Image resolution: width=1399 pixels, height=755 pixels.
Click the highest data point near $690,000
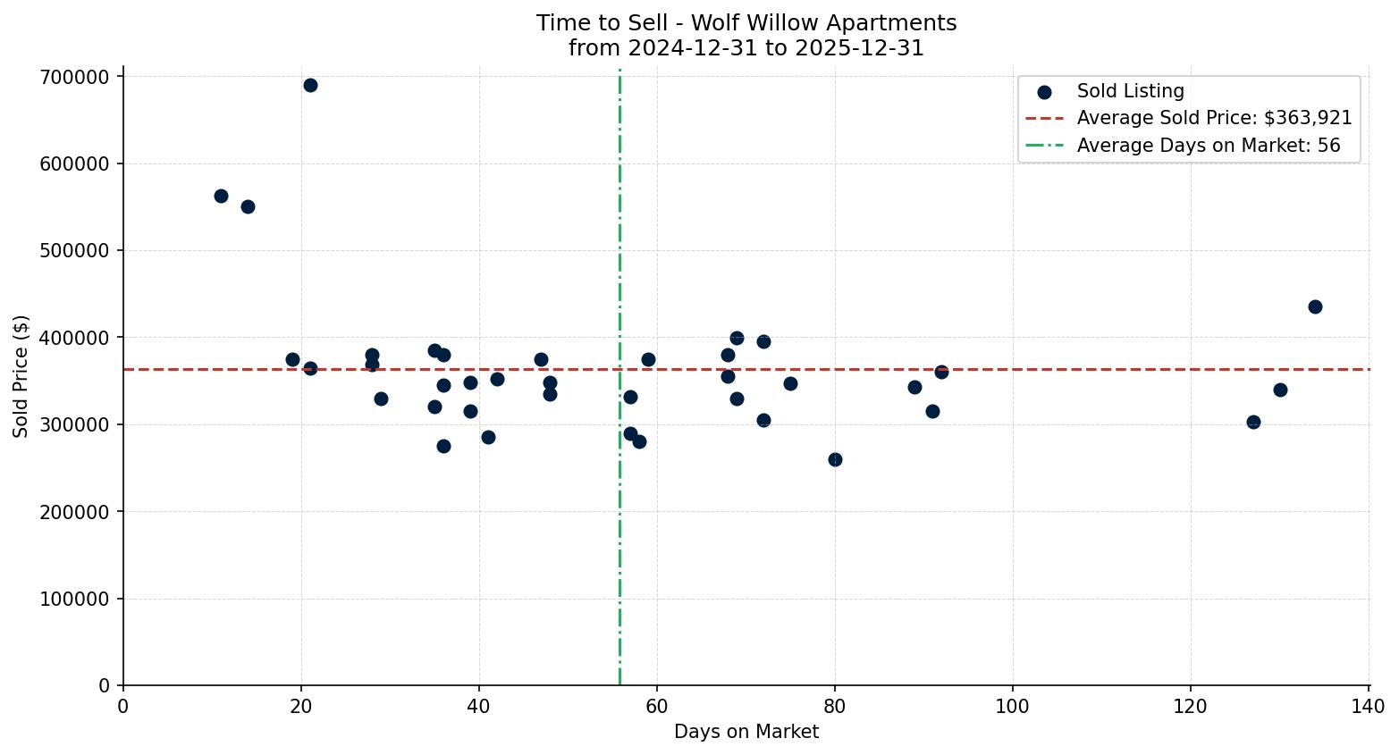(x=310, y=86)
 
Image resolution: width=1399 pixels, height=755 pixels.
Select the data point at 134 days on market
(x=1315, y=307)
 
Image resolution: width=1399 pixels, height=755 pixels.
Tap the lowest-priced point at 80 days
(x=835, y=460)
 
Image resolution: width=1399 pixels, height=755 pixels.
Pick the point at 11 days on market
(x=221, y=197)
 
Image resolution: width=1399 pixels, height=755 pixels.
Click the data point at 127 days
(x=1253, y=423)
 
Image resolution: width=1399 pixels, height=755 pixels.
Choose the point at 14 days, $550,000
(x=248, y=207)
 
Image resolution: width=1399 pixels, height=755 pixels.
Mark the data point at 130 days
(x=1280, y=390)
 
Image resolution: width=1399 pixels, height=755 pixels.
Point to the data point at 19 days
(x=292, y=360)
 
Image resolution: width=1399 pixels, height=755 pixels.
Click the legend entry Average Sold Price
(x=1214, y=119)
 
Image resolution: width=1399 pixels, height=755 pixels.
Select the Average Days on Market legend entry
(x=1208, y=146)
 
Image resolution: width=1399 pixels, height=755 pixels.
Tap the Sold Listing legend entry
(x=1130, y=92)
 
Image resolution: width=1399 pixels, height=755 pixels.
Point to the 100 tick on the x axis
(x=1013, y=707)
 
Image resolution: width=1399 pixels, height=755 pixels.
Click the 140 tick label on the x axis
(x=1369, y=707)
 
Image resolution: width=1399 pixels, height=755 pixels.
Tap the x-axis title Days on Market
(x=746, y=733)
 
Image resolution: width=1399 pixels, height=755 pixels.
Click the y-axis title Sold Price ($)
(x=21, y=376)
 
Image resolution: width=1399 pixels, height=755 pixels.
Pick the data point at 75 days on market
(x=790, y=384)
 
